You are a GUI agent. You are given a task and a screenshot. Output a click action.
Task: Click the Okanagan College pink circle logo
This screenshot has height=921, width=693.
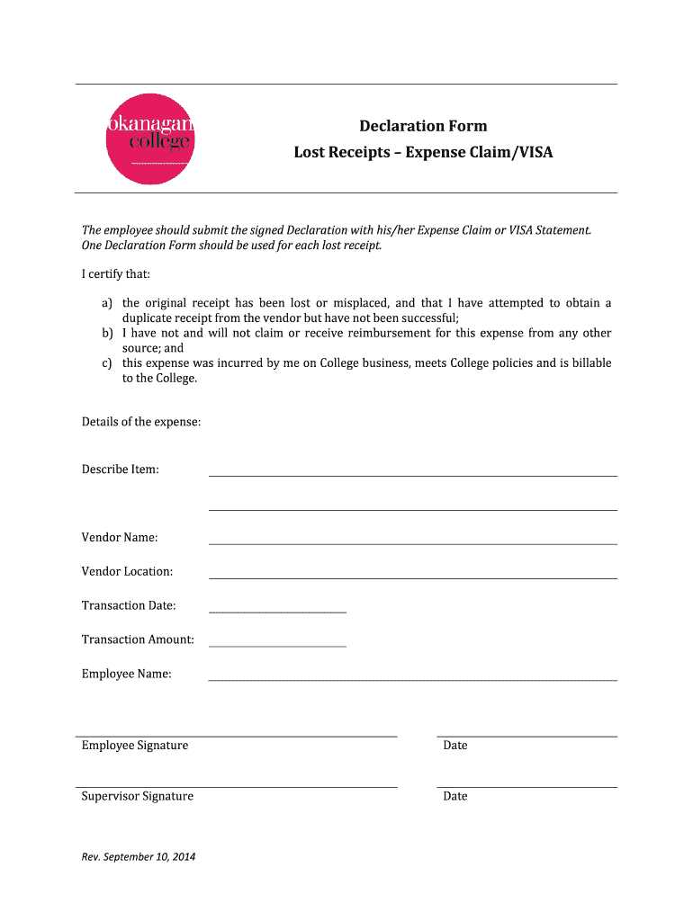coord(149,139)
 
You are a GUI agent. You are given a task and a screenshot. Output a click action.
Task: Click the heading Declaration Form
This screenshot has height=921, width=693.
coord(423,126)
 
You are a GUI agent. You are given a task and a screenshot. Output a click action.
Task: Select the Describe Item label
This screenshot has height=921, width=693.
coord(121,469)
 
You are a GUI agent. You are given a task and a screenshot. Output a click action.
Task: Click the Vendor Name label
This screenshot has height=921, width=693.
coord(120,537)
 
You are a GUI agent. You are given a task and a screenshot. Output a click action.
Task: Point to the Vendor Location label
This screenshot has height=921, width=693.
coord(127,571)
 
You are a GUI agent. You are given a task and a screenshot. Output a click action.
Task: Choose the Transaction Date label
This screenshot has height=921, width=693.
coord(129,605)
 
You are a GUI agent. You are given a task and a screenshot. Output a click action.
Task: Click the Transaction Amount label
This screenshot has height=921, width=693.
coord(138,639)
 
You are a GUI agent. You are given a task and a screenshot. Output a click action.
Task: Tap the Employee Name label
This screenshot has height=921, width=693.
coord(126,674)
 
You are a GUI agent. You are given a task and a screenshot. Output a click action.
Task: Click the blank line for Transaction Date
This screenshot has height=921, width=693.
coord(277,612)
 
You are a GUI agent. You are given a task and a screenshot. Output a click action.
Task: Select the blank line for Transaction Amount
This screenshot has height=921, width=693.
coord(277,645)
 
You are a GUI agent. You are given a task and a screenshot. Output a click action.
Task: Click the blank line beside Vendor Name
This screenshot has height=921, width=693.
coord(412,543)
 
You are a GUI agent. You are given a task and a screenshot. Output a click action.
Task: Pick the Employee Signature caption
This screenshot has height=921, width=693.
coord(135,746)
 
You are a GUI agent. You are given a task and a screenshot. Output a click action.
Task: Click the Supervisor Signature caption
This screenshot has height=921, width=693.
coord(137,796)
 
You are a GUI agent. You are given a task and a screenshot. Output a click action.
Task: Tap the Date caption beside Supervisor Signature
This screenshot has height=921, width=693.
coord(454,796)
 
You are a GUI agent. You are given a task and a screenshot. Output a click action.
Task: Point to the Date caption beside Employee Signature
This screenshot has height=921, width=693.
coord(454,746)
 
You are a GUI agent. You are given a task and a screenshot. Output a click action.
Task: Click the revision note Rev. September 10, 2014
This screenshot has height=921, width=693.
coord(139,856)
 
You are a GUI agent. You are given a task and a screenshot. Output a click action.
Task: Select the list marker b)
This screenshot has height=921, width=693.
coord(107,334)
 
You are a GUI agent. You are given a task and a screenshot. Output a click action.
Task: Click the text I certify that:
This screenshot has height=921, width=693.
coord(116,273)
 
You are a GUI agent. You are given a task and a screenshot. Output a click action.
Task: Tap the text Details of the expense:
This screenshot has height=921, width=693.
coord(141,422)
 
